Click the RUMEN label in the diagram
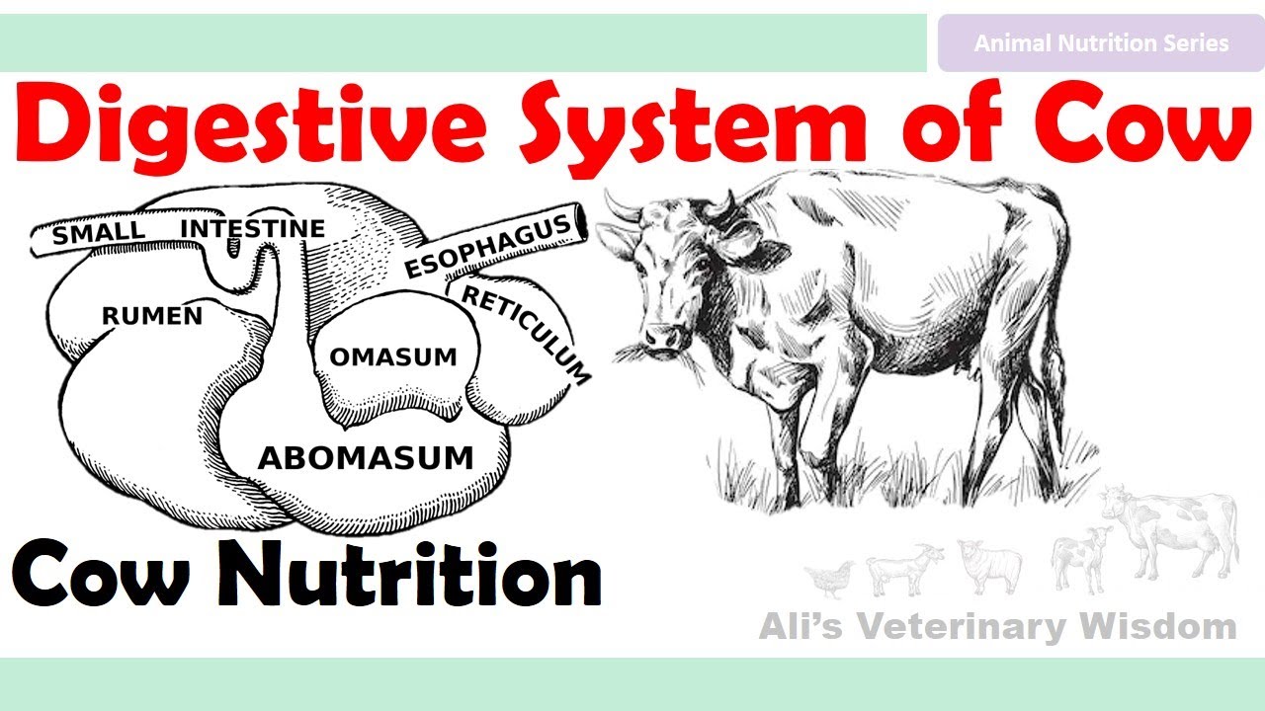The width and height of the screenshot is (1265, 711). coord(152,316)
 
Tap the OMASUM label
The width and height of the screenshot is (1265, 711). coord(393,356)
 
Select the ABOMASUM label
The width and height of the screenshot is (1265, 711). coord(366,458)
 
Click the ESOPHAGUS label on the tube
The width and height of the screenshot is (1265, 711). coord(488,248)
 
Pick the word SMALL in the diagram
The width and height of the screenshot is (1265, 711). coord(98,235)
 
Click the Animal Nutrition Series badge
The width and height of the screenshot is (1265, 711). coord(1101,43)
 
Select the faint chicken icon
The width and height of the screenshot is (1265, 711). coord(830,577)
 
